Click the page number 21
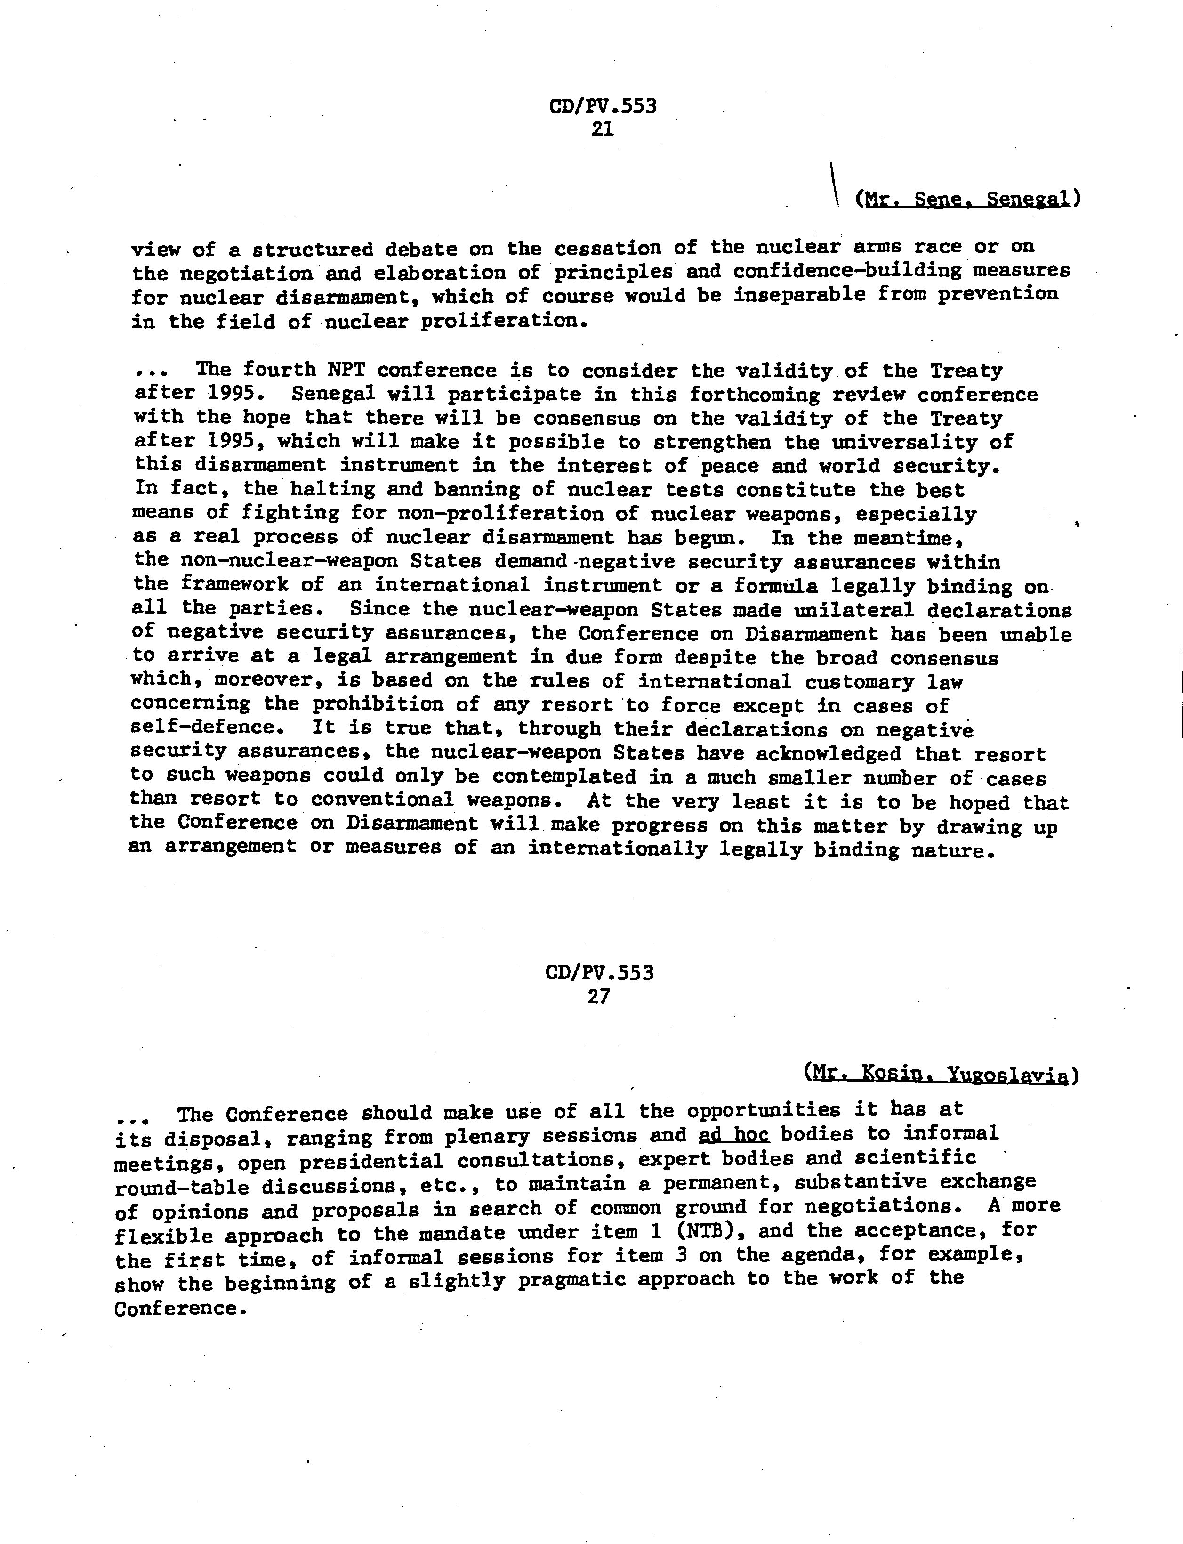tap(603, 129)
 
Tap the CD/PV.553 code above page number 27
tap(599, 973)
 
